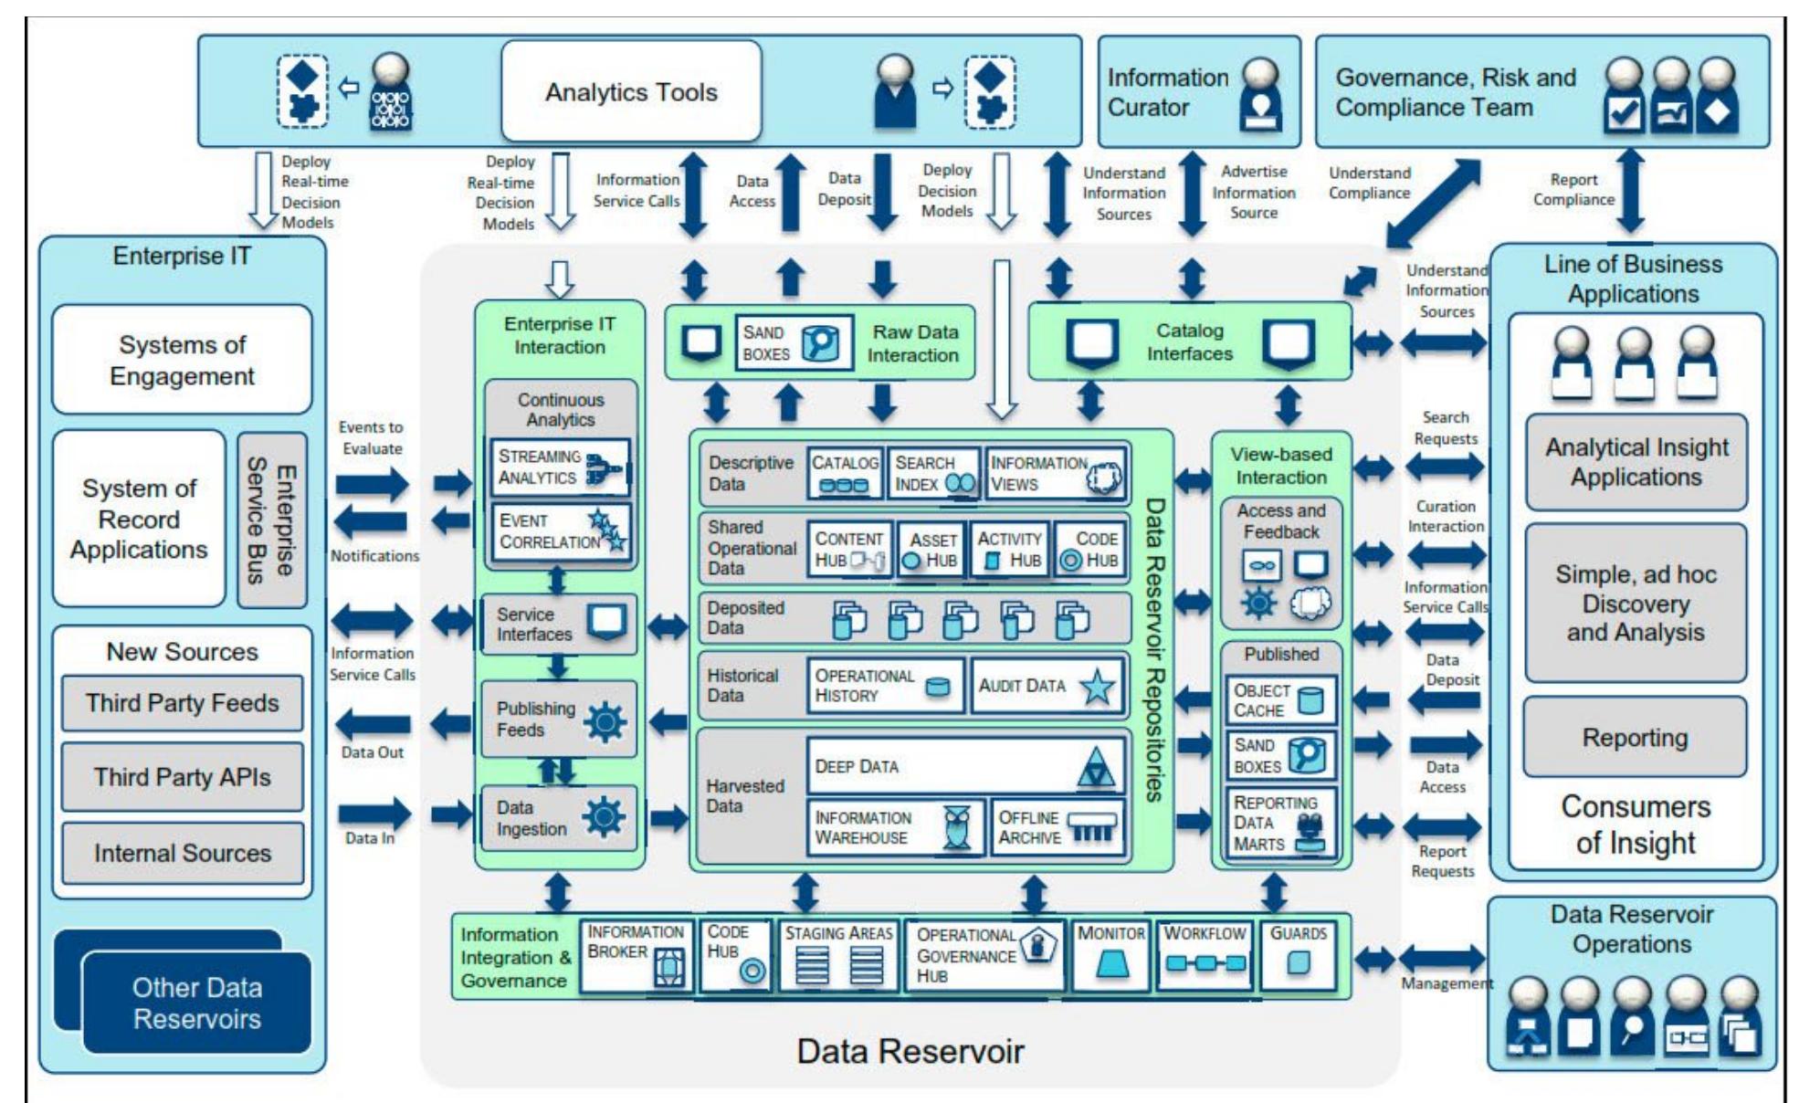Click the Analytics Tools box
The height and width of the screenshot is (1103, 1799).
631,91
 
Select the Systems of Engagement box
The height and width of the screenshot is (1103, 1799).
182,360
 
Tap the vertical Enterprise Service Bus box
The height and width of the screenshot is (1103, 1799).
272,520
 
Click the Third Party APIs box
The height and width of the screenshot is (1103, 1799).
182,777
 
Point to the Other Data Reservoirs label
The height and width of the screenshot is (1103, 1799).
196,1003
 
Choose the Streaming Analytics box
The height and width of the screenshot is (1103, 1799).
559,467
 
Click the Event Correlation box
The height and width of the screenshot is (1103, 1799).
559,531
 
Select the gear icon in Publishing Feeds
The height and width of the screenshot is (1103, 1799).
605,722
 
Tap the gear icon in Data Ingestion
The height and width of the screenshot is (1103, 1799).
605,816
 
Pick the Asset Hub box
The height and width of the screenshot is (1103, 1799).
931,550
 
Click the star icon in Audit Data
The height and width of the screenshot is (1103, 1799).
1096,687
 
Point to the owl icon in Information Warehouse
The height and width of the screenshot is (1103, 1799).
956,827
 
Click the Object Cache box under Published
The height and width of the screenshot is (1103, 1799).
1280,700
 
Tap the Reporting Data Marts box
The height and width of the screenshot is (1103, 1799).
1280,823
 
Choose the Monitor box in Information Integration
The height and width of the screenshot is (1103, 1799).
1110,955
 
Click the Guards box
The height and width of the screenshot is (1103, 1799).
1297,955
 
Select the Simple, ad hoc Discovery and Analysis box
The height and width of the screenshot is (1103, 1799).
1635,603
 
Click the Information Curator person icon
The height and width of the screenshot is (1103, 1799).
1260,93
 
